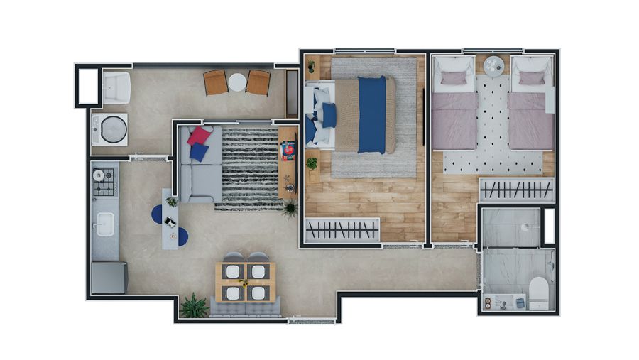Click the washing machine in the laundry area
(111, 129)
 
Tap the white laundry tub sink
(116, 87)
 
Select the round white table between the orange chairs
(237, 83)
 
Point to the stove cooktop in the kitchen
(104, 182)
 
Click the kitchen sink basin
(104, 224)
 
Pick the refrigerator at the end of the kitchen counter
(109, 277)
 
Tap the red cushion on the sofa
(199, 135)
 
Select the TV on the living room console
(288, 151)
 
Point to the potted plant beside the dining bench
(193, 306)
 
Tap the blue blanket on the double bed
(371, 115)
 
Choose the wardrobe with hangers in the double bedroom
(342, 230)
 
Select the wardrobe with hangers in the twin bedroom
(516, 190)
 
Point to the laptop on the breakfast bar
(170, 222)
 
